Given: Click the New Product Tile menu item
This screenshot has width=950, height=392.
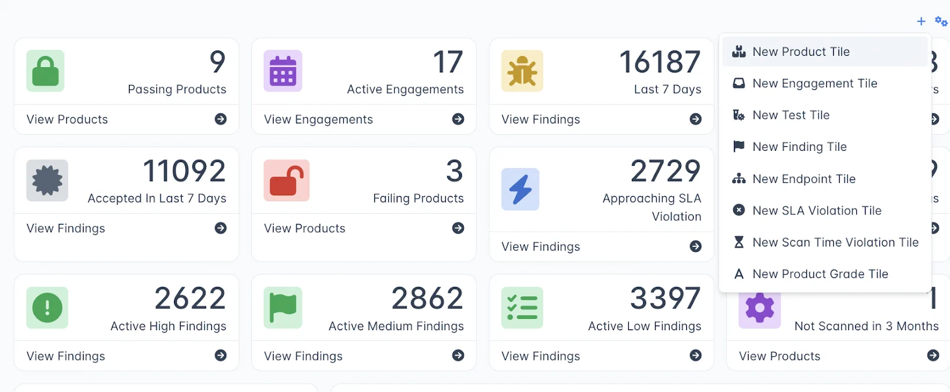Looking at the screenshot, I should click(x=800, y=52).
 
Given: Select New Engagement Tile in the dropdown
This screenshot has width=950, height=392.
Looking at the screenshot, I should click(x=814, y=84).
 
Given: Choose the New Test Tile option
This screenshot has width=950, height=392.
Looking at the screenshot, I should click(x=790, y=115).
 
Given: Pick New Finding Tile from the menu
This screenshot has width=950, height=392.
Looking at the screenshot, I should click(x=799, y=147).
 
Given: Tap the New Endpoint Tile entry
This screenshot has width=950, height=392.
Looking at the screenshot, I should click(x=803, y=179).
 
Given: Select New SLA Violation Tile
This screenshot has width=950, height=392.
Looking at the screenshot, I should click(x=816, y=210).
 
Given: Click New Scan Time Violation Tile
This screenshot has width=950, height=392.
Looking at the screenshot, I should click(x=835, y=242).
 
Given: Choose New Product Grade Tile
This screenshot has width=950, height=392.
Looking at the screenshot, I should click(x=820, y=274).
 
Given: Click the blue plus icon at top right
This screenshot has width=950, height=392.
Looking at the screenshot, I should click(x=921, y=21).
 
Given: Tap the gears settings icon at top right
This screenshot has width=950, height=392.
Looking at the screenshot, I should click(x=941, y=21).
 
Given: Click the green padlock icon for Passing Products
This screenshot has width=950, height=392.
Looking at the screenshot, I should click(x=45, y=71).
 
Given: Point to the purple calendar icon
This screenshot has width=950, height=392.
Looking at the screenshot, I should click(x=283, y=71).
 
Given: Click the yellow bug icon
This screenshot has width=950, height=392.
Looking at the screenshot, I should click(x=522, y=71).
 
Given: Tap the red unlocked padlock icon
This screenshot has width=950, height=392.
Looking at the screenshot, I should click(x=286, y=181).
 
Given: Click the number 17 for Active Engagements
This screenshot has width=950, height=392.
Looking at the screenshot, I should click(x=448, y=62).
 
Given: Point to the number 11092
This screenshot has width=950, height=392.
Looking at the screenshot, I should click(x=184, y=172).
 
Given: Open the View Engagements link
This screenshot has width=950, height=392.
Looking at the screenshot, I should click(x=318, y=119).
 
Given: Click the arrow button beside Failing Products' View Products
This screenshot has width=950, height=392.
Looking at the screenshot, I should click(x=458, y=228).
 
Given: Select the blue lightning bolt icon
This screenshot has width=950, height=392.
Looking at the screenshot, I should click(x=520, y=189).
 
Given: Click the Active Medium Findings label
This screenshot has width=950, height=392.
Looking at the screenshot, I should click(x=396, y=326).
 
